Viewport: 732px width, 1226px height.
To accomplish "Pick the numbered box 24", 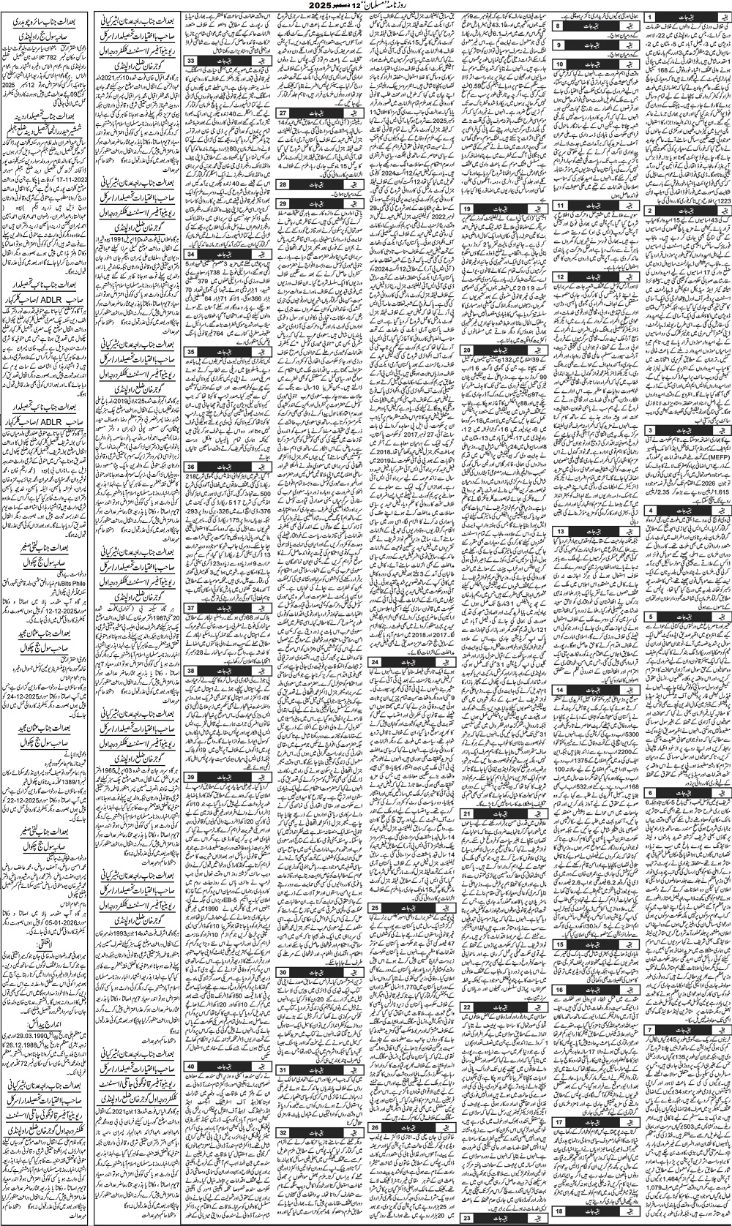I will pos(375,661).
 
